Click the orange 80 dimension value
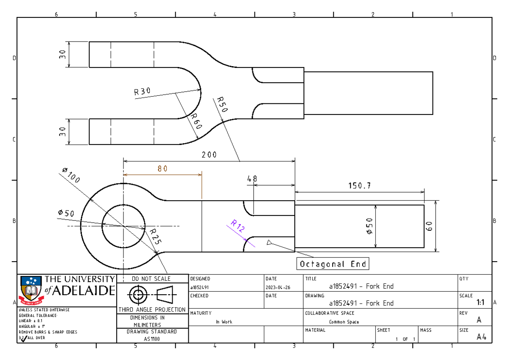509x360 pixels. pyautogui.click(x=162, y=168)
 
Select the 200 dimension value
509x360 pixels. pyautogui.click(x=209, y=155)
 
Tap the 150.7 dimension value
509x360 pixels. pyautogui.click(x=360, y=186)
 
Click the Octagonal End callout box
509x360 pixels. pyautogui.click(x=333, y=264)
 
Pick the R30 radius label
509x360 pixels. pyautogui.click(x=143, y=91)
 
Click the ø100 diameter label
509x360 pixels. pyautogui.click(x=71, y=175)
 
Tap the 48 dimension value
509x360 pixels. pyautogui.click(x=252, y=179)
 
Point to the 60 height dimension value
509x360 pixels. pyautogui.click(x=430, y=226)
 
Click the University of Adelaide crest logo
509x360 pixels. pyautogui.click(x=31, y=290)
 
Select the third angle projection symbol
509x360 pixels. pyautogui.click(x=151, y=294)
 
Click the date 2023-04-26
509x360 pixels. pyautogui.click(x=277, y=287)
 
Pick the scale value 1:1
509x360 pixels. pyautogui.click(x=481, y=303)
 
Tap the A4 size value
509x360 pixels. pyautogui.click(x=481, y=337)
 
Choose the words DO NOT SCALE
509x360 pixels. pyautogui.click(x=151, y=279)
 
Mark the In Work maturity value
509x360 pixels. pyautogui.click(x=224, y=322)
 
